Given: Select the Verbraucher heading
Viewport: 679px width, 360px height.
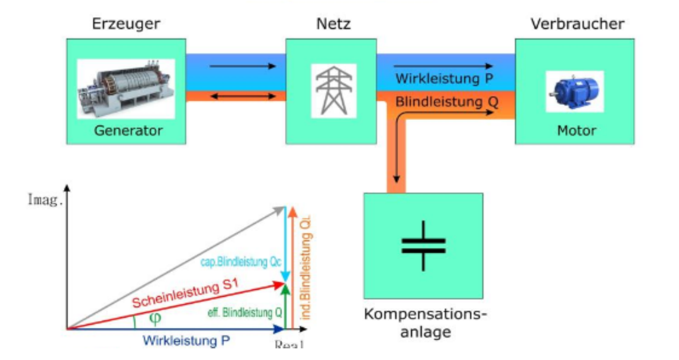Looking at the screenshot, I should tap(577, 24).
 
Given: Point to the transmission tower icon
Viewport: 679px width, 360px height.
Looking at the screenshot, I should tap(333, 90).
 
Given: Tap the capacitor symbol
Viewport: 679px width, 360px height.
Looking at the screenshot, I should tap(423, 246).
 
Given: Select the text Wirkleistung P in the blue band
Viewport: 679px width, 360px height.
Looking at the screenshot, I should tap(444, 79).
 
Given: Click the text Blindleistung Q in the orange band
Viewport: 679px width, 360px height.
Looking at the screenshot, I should tap(447, 102).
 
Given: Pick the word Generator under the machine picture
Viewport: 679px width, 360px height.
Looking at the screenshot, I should tap(128, 131).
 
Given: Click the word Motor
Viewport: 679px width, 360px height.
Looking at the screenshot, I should tap(576, 131).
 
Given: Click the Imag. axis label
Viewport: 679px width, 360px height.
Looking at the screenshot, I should tap(46, 199).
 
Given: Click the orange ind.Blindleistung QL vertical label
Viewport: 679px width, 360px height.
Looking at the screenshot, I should tap(304, 268).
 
